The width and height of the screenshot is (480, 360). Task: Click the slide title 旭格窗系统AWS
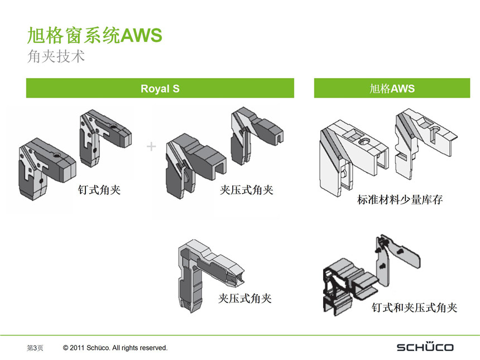point(95,36)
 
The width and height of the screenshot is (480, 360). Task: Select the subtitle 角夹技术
point(56,56)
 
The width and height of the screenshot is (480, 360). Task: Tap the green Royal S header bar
point(160,88)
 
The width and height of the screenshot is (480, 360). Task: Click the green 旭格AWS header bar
point(392,88)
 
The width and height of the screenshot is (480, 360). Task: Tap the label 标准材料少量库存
point(400,199)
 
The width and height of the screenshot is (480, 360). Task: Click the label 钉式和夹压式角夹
point(414,308)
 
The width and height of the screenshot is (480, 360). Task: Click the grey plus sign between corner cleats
point(151,147)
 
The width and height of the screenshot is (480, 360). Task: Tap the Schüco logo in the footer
point(425,347)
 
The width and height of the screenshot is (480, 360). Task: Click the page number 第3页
point(35,348)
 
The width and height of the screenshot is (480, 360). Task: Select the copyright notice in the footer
point(116,348)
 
